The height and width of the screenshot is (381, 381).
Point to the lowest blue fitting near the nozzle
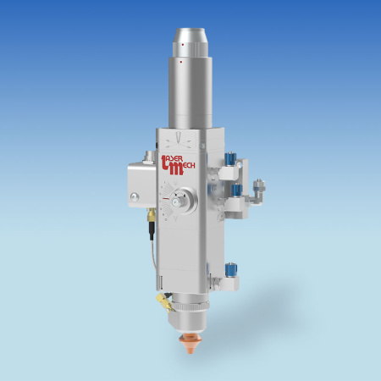229,270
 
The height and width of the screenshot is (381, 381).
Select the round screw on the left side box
133,198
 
